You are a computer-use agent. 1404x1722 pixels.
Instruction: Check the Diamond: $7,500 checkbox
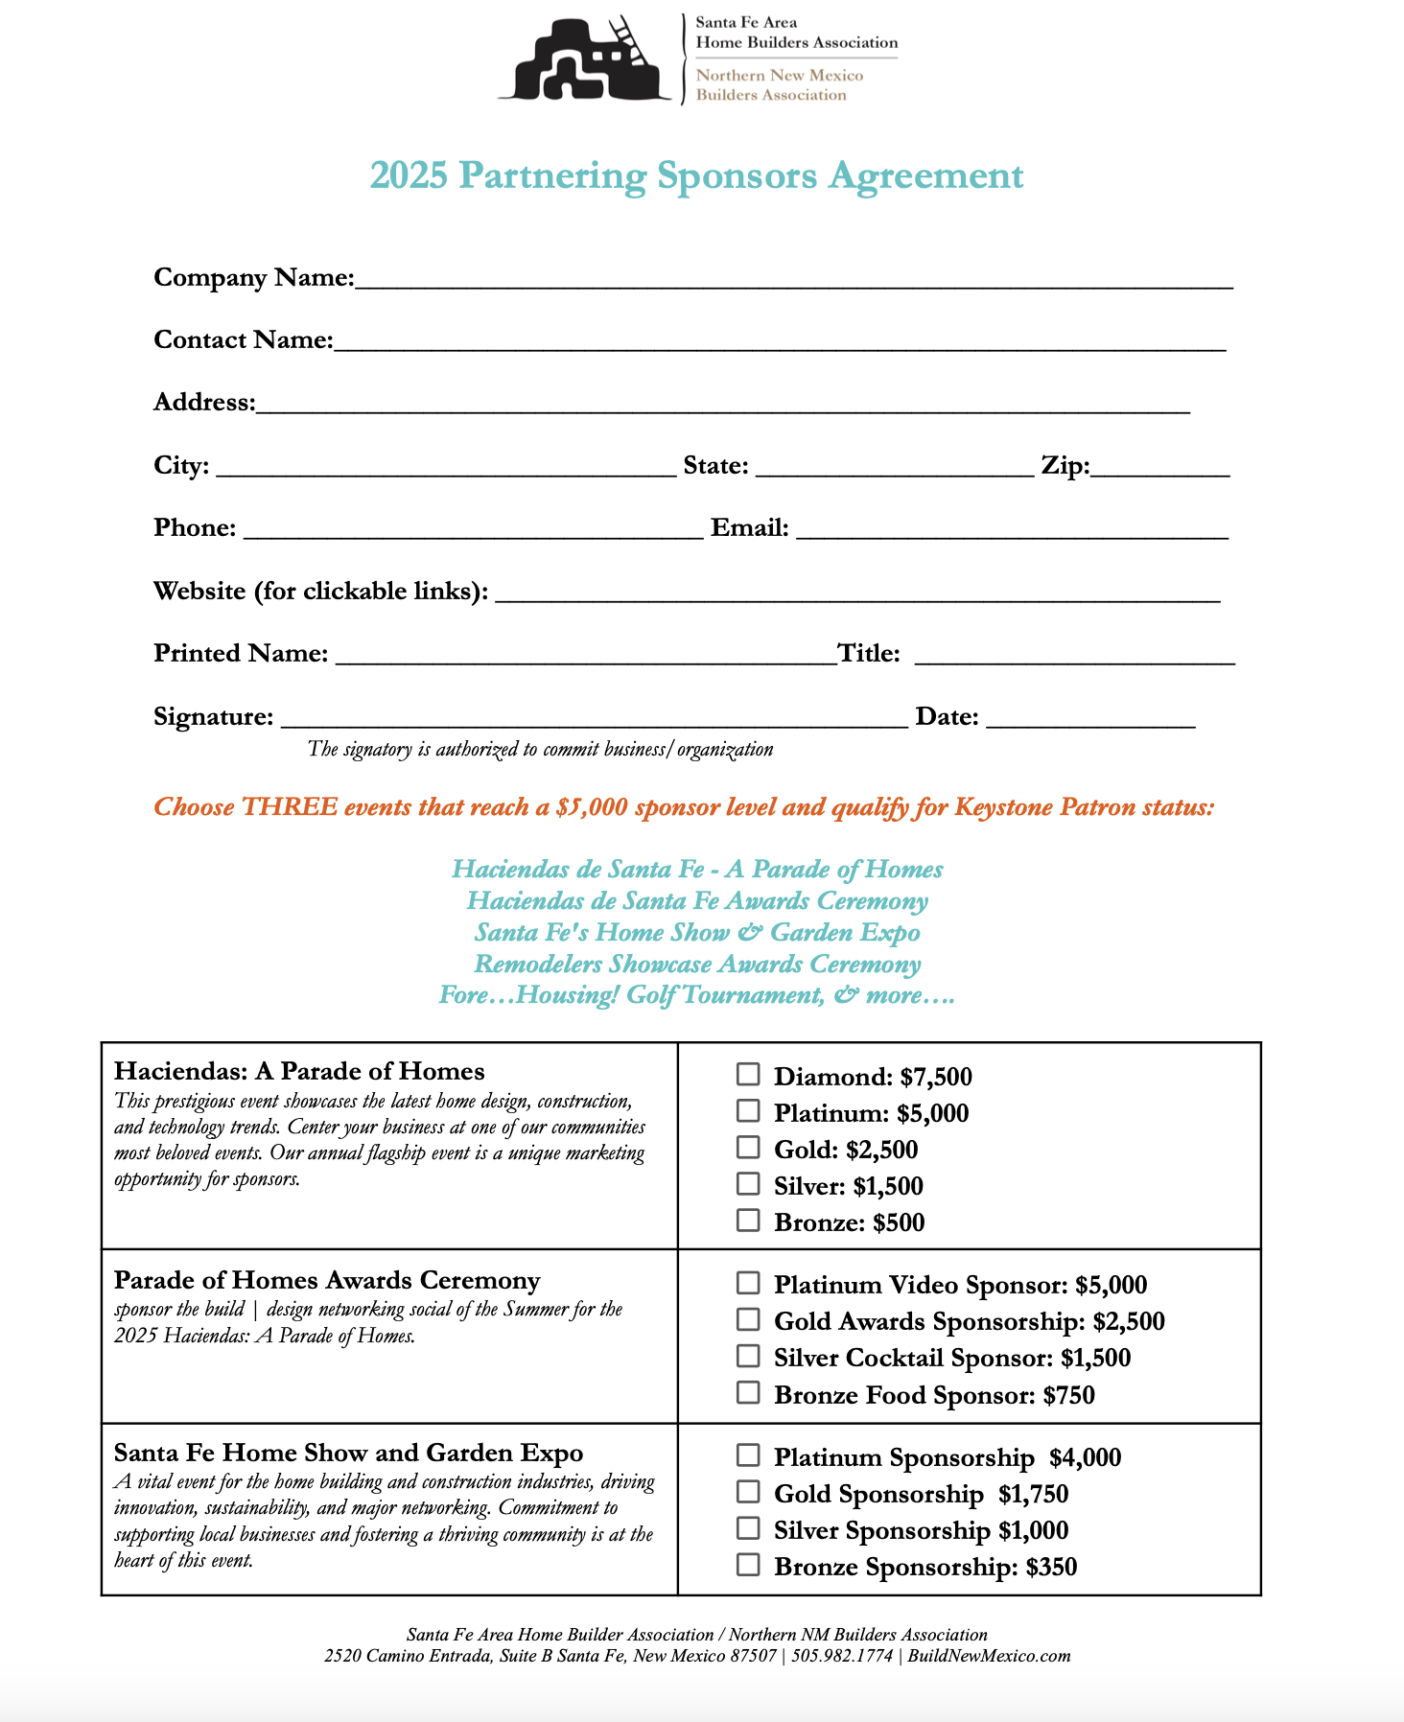(748, 1074)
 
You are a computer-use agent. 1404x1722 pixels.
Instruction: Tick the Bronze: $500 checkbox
(748, 1221)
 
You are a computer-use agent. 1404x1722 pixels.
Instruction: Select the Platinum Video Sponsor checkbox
(748, 1283)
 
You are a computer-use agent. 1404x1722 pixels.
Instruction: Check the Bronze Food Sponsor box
(748, 1392)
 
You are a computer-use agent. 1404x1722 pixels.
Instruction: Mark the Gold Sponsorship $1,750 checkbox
(748, 1492)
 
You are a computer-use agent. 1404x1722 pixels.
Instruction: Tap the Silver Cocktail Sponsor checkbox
(748, 1356)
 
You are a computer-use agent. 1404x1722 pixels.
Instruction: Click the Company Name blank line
(793, 280)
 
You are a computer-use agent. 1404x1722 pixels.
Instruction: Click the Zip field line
(1160, 469)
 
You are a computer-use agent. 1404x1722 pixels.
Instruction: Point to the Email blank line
(1012, 531)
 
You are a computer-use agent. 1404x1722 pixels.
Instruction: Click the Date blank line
(1090, 720)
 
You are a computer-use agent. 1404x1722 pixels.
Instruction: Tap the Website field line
(856, 594)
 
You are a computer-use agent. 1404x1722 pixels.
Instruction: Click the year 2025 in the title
(409, 176)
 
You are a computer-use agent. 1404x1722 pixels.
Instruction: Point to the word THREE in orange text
(289, 807)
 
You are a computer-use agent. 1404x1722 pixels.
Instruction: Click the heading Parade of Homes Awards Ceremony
(327, 1281)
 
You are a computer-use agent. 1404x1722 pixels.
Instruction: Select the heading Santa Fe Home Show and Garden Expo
(348, 1454)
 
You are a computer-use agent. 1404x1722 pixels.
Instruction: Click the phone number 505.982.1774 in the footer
(842, 1656)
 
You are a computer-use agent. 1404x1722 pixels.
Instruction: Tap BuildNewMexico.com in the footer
(989, 1656)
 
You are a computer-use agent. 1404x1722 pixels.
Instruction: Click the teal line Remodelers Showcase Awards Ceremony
(697, 965)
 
